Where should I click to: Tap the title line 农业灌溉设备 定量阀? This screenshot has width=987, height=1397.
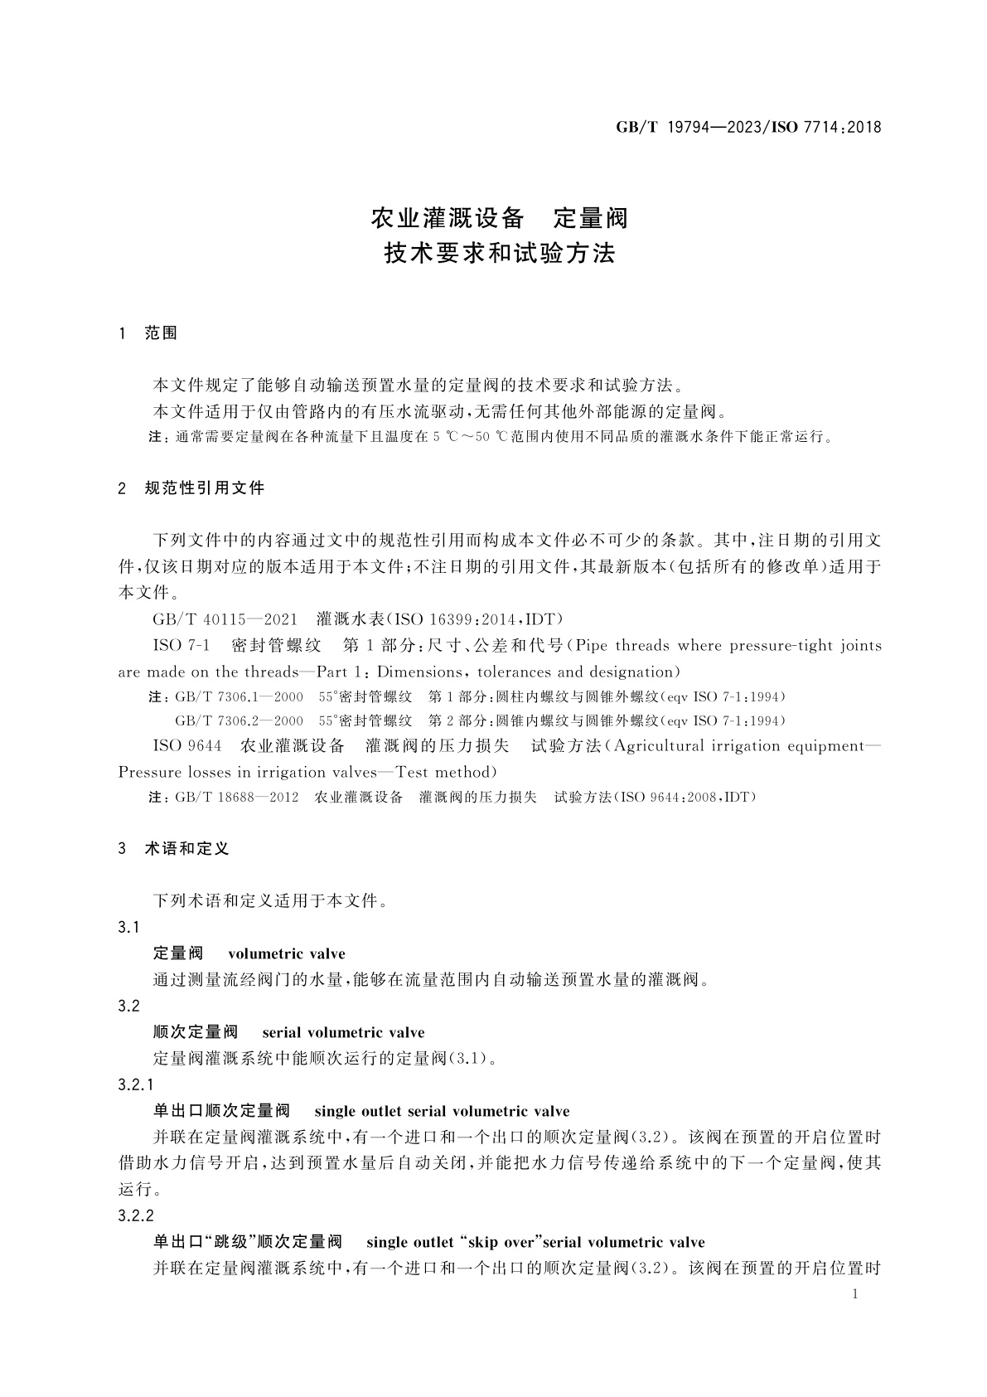[499, 219]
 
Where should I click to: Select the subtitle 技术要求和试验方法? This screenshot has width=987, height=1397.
[499, 254]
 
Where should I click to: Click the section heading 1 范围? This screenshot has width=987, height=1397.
[148, 333]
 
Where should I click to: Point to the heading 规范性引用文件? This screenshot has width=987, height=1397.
[204, 488]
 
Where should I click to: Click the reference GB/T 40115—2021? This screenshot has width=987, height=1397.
[225, 619]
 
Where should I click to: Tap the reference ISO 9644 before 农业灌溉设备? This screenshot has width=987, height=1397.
[187, 746]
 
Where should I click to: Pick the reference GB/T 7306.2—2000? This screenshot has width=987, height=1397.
[239, 720]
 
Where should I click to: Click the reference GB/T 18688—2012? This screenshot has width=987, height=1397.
[236, 798]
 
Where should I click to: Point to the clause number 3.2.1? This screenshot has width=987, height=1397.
[137, 1084]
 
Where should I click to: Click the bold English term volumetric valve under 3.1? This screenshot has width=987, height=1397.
[286, 953]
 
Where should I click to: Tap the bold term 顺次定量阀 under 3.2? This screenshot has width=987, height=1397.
[196, 1032]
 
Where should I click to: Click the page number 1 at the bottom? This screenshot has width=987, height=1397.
[855, 1294]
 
